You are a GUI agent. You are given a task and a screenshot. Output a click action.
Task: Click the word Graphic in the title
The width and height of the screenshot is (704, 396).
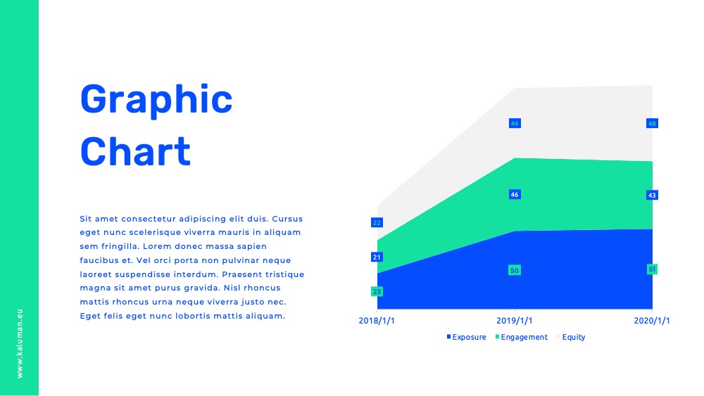pyautogui.click(x=156, y=101)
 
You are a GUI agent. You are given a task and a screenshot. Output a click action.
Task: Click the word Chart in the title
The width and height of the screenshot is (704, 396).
pyautogui.click(x=136, y=152)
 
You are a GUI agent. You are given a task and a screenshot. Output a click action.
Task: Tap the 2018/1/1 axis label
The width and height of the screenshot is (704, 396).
pyautogui.click(x=377, y=321)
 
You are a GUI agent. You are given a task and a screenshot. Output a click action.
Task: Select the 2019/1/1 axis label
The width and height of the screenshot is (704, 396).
pyautogui.click(x=515, y=321)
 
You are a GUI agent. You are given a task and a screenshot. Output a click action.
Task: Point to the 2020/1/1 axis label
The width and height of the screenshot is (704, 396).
pyautogui.click(x=652, y=321)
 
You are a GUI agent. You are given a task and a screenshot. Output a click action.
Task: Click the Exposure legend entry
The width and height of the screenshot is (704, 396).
pyautogui.click(x=467, y=337)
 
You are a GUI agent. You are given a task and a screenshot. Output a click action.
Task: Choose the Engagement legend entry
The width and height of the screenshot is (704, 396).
pyautogui.click(x=522, y=337)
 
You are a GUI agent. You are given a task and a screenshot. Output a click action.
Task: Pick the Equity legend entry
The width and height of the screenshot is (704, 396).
pyautogui.click(x=571, y=337)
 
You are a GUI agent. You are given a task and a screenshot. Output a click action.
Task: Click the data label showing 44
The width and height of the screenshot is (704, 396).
pyautogui.click(x=515, y=123)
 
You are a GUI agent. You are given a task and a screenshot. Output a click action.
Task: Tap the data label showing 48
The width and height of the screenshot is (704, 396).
pyautogui.click(x=652, y=123)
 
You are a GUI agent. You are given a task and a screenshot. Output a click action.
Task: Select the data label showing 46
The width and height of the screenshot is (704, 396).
pyautogui.click(x=515, y=195)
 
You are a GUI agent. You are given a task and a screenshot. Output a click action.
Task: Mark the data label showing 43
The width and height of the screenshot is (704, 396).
pyautogui.click(x=652, y=195)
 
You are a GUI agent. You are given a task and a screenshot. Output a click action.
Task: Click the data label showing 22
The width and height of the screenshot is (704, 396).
pyautogui.click(x=377, y=222)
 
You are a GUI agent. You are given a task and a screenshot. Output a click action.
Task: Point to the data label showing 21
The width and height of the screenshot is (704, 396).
pyautogui.click(x=377, y=257)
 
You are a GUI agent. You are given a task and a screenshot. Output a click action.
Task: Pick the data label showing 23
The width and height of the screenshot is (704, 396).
pyautogui.click(x=377, y=291)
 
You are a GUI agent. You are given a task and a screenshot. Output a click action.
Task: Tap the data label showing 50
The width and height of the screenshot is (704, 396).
pyautogui.click(x=515, y=270)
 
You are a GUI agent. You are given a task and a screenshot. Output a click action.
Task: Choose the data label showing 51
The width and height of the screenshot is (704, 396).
pyautogui.click(x=652, y=269)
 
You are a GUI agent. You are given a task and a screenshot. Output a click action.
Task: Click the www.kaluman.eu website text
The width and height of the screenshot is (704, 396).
pyautogui.click(x=19, y=343)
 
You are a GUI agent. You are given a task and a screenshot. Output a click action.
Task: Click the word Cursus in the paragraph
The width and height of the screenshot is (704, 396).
pyautogui.click(x=287, y=219)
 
